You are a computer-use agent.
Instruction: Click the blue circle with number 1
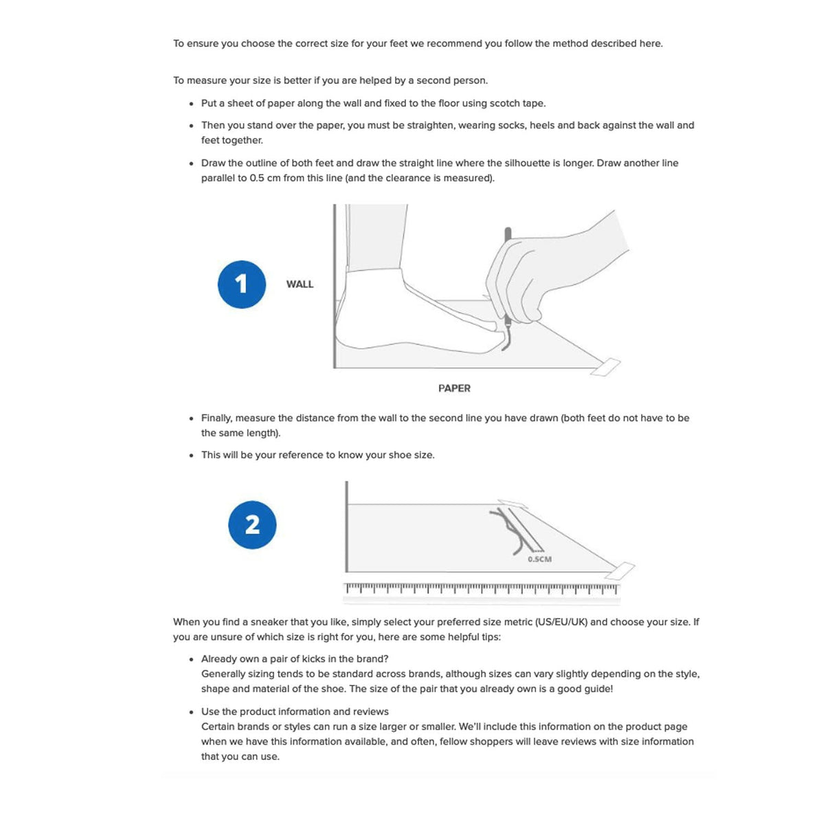241,284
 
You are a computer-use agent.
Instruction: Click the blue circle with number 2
252,525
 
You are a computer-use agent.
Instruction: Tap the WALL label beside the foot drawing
300,284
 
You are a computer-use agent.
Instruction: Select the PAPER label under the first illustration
454,388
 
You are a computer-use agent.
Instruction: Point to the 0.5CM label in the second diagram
539,559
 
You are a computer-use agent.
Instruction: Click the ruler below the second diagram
481,589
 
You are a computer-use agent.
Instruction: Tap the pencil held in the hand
508,275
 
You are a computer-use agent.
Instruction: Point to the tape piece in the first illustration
606,368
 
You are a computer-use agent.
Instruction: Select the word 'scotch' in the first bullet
505,103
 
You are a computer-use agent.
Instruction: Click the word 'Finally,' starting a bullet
217,418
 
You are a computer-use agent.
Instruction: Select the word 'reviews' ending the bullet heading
370,712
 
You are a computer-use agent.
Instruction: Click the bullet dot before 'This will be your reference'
191,455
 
